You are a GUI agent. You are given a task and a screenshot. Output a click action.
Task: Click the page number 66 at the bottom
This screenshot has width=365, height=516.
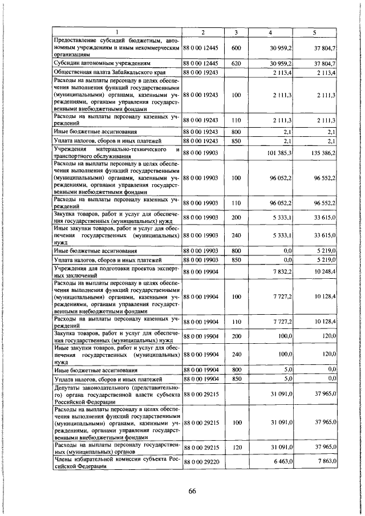[192, 493]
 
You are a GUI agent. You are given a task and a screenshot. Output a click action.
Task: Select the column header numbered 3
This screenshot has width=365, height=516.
[234, 31]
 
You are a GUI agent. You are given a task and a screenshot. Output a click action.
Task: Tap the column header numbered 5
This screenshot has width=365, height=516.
[314, 31]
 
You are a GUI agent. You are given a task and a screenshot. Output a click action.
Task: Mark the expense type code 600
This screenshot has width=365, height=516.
[234, 49]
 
